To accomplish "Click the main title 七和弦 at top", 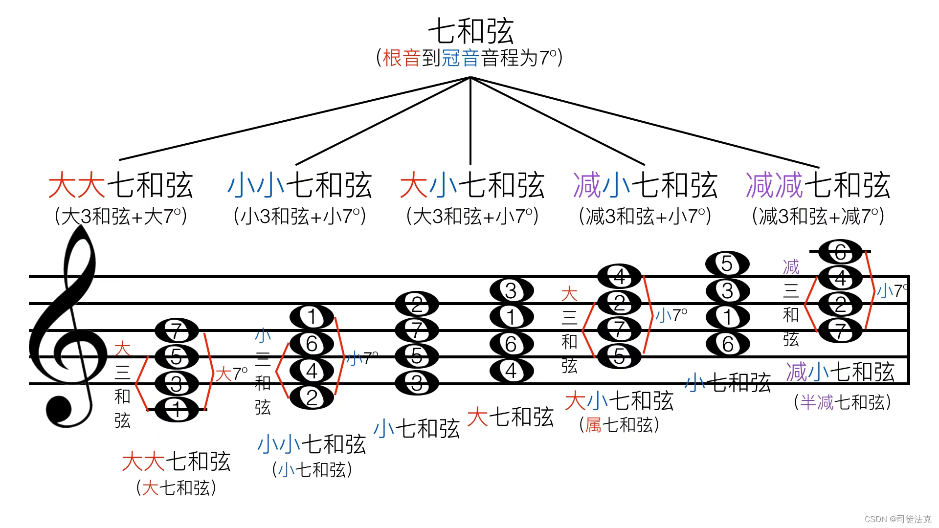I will [x=470, y=31].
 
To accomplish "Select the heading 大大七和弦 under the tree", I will [x=121, y=186].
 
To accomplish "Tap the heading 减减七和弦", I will [x=818, y=186].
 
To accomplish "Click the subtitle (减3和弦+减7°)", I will [x=818, y=216].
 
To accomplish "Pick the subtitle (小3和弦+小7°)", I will [x=300, y=216].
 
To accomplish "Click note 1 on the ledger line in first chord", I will [x=177, y=410].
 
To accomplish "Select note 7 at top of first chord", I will [x=177, y=330].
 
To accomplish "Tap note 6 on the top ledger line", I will [x=840, y=252].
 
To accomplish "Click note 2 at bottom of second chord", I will [x=312, y=397].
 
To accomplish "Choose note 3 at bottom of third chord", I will [x=417, y=383].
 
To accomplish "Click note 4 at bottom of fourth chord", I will [x=511, y=371].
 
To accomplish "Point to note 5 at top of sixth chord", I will [x=727, y=264].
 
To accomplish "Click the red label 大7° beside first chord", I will [x=231, y=374].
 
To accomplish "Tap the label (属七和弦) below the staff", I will [x=619, y=425].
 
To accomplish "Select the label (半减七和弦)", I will [x=842, y=402].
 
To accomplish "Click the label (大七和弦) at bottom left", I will [x=176, y=487].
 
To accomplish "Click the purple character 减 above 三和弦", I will [x=791, y=267].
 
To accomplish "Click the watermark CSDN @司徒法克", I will [x=897, y=519].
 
